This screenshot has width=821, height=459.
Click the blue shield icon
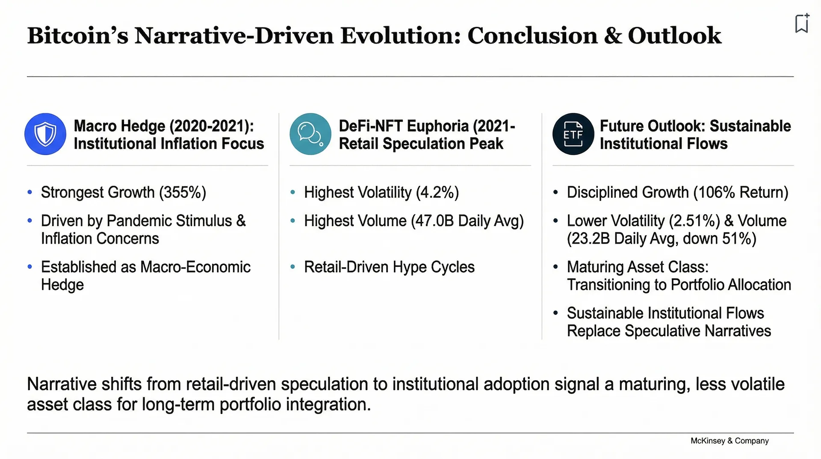(45, 134)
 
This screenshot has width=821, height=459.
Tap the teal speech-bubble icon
(310, 134)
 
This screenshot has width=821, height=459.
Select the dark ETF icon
(573, 134)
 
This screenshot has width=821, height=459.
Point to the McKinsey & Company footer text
(729, 441)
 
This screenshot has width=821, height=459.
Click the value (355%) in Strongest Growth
(183, 193)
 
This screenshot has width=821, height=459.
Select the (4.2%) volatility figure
(437, 193)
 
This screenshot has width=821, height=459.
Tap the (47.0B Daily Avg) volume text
(467, 221)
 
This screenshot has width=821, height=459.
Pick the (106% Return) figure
(741, 193)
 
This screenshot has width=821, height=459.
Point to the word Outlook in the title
(674, 35)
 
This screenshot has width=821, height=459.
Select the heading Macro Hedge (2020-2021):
(164, 126)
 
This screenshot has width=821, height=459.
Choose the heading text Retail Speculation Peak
(421, 144)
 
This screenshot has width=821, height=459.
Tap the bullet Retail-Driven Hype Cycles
(389, 267)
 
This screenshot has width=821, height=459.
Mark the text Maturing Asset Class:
(638, 267)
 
